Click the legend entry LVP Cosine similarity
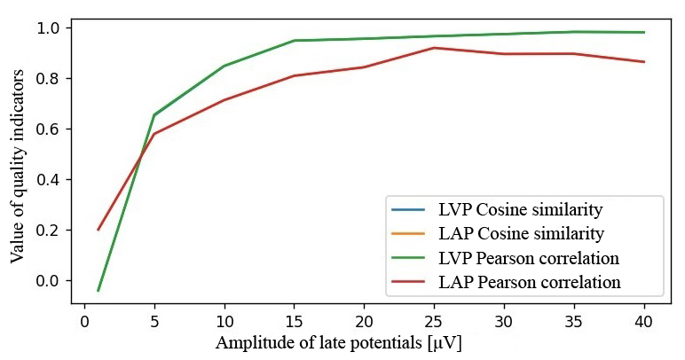[x=520, y=210]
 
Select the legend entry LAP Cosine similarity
[x=520, y=234]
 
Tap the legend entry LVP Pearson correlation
[x=528, y=258]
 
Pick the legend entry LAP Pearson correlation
[x=528, y=282]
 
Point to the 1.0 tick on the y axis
[x=51, y=28]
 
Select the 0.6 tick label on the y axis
[x=51, y=129]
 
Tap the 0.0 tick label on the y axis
[x=51, y=281]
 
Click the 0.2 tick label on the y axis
[x=51, y=231]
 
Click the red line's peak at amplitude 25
[x=434, y=48]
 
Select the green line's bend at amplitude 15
[x=295, y=41]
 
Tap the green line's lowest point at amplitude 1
[x=98, y=290]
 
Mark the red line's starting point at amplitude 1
[x=98, y=230]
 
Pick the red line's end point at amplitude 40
[x=644, y=61]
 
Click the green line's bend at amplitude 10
[x=224, y=66]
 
